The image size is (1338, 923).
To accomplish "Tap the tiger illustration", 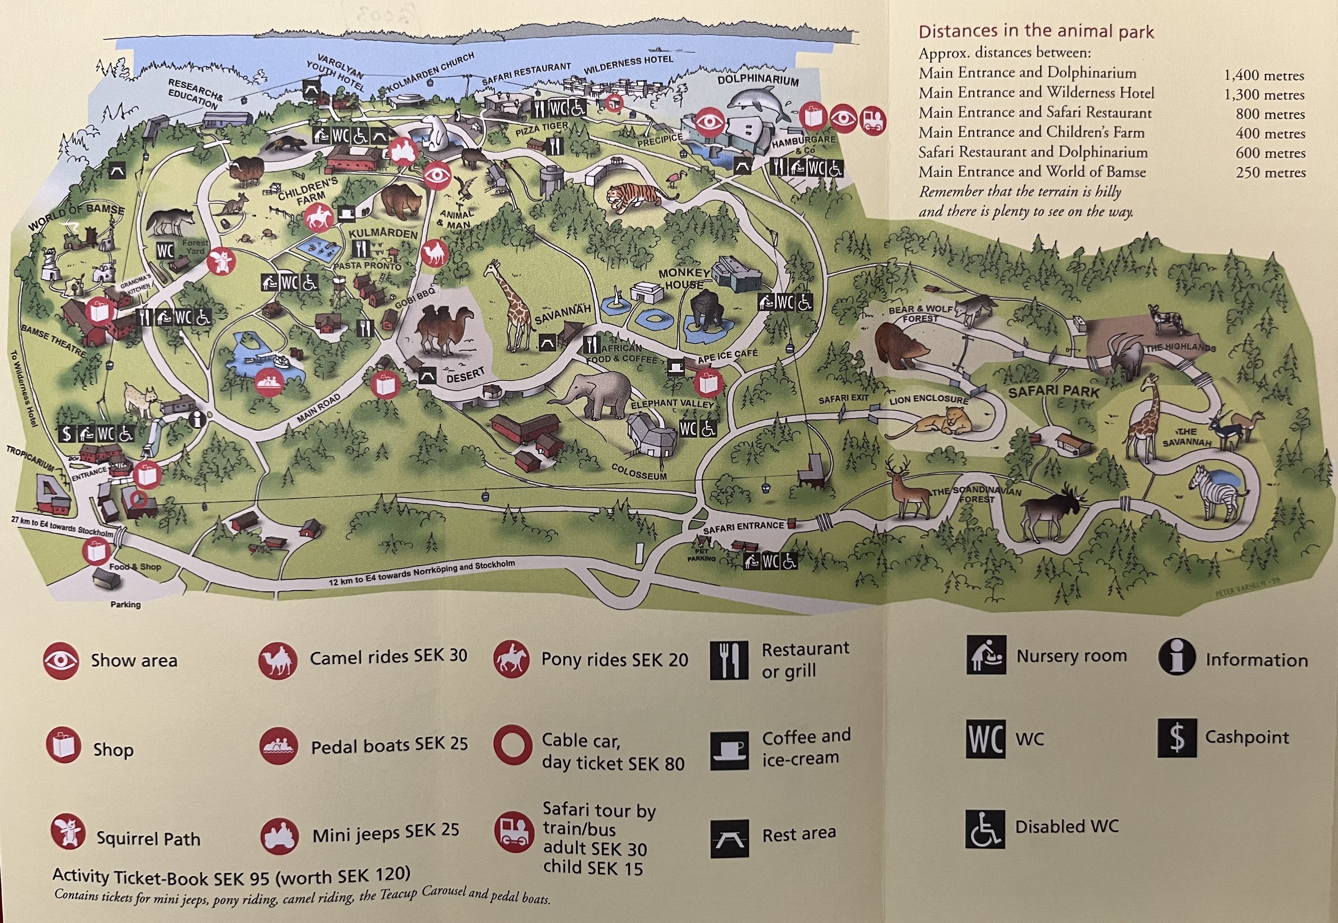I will [x=634, y=194].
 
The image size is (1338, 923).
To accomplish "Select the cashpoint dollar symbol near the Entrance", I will [x=67, y=433].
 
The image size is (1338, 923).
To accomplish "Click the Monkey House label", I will [x=684, y=278].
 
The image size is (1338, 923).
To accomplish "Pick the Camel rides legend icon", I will [x=278, y=661].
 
